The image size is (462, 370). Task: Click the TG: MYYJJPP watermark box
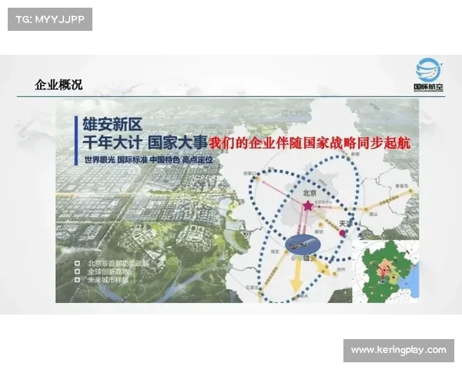click(x=50, y=19)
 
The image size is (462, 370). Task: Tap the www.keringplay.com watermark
click(x=398, y=350)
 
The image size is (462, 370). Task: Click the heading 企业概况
click(x=59, y=86)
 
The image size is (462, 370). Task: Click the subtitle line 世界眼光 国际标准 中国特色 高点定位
click(x=143, y=160)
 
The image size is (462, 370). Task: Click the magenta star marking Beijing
click(x=308, y=207)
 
